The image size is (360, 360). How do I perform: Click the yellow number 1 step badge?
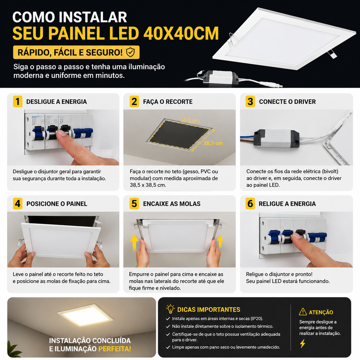pos(18,102)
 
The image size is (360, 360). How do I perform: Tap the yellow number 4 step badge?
pos(18,204)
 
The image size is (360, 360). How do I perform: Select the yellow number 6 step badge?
pos(250,204)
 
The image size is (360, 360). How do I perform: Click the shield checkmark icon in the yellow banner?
pos(130,52)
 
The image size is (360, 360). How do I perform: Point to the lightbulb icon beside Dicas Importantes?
pos(171,309)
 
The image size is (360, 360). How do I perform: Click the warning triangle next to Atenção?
pos(303,312)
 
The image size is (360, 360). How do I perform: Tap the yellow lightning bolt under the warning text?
pos(303,343)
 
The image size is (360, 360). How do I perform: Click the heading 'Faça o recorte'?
pos(168,102)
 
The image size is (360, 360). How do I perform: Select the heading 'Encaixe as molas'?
pos(172,204)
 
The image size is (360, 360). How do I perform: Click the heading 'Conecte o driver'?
pos(287,102)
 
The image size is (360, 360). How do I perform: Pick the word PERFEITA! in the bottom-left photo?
pos(115,349)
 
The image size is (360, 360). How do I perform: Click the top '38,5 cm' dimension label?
pos(190,120)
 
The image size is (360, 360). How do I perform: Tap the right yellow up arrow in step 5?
pos(220,242)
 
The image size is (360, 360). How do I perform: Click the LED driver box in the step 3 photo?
pos(276,138)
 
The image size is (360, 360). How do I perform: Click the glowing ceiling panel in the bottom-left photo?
pos(85,315)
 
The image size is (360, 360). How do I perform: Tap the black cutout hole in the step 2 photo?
pos(179,135)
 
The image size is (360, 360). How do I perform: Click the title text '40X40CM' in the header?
pos(181,33)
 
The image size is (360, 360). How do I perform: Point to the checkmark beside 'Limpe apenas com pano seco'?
pos(168,347)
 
